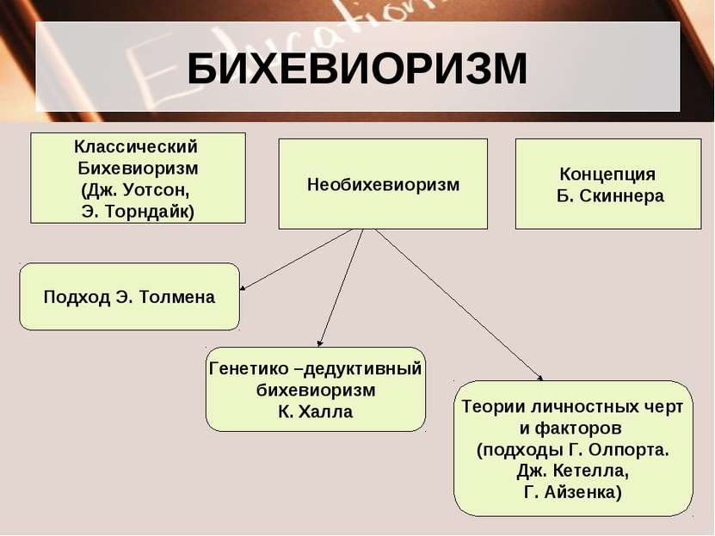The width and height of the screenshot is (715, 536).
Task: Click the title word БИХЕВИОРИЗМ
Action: coord(357,69)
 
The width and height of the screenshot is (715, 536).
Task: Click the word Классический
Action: coord(136,147)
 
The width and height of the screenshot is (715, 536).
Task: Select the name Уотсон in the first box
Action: coord(156,189)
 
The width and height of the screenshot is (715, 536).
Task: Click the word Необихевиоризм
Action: coord(383,185)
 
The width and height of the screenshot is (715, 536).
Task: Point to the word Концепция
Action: coord(607,174)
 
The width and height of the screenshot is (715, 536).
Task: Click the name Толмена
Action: coord(177,297)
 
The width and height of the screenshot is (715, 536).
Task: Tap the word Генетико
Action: coord(248,368)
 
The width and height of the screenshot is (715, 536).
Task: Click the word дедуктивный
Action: coord(362,369)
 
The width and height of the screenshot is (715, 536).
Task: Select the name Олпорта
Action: coord(629,450)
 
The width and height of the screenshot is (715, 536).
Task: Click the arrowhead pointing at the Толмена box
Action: coord(243,287)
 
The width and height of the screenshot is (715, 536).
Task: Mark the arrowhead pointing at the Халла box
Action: coord(320,343)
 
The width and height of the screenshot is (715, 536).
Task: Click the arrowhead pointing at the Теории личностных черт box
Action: coord(540,378)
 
